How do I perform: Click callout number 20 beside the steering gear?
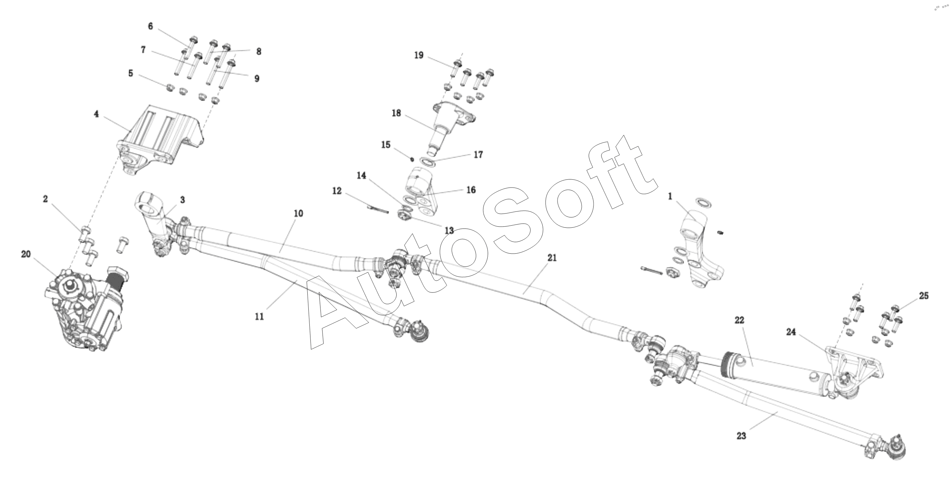tap(26, 254)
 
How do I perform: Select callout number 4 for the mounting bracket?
tap(96, 114)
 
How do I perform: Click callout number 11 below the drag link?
tap(260, 316)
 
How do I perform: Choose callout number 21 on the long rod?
tap(552, 258)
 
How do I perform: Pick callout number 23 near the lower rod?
tap(741, 436)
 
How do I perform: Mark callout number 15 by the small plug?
tap(386, 145)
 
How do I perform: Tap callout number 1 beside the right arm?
tap(670, 197)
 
